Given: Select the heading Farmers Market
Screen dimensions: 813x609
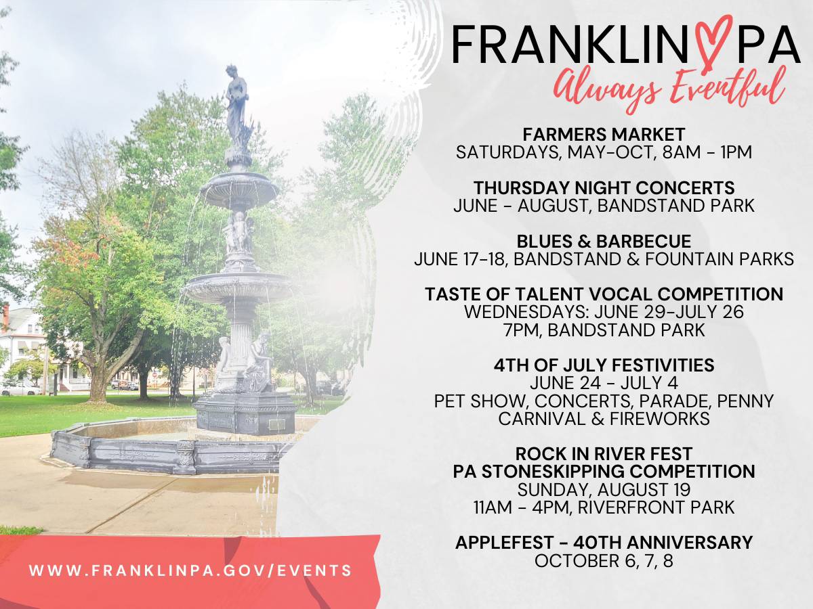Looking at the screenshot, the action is (604, 135).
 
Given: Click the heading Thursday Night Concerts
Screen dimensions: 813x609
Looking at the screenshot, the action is (604, 188).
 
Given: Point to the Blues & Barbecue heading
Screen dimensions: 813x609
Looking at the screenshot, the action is (604, 242).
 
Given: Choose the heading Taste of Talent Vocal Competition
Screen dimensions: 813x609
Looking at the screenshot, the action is (604, 294).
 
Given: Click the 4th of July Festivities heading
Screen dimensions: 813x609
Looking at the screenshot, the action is (604, 365).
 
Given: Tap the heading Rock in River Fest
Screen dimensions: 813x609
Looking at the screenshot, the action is (604, 453).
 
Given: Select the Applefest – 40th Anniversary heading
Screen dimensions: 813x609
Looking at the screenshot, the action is (604, 543).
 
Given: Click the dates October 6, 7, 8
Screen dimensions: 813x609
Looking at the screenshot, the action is (604, 561).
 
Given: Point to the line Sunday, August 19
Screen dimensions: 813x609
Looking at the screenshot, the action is (604, 490).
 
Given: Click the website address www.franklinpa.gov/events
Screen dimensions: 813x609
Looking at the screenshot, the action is (190, 570).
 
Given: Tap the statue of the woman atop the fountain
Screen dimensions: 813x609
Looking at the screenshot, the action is (236, 107).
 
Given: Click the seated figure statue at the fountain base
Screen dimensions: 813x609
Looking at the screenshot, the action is (257, 364).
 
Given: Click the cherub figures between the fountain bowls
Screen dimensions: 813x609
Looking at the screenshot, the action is (239, 231).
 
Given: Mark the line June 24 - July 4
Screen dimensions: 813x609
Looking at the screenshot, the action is (604, 383).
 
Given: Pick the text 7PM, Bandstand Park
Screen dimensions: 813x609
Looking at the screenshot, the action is (604, 330).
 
